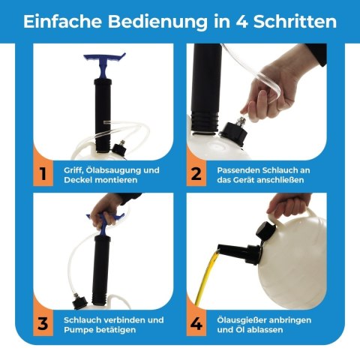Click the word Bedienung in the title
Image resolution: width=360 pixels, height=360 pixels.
tap(157, 22)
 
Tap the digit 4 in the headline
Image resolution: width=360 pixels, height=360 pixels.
tap(241, 22)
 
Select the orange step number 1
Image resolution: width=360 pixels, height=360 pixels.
tap(43, 173)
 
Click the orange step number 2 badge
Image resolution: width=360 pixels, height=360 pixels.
tap(196, 173)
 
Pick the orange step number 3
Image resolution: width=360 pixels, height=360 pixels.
tap(43, 323)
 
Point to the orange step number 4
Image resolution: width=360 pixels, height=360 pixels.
tap(196, 323)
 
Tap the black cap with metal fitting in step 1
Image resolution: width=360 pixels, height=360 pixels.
tap(120, 149)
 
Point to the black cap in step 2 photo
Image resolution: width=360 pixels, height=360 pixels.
tap(233, 133)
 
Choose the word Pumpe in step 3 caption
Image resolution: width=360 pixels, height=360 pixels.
tap(77, 330)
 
